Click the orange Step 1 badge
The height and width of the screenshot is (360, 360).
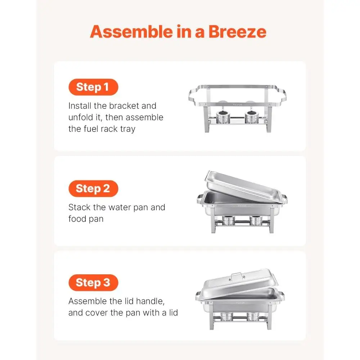point(93,87)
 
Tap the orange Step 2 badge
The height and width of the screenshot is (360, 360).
point(93,189)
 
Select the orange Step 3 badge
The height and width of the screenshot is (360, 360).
point(93,283)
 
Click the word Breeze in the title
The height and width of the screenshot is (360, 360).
point(237,32)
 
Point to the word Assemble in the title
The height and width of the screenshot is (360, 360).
point(131,32)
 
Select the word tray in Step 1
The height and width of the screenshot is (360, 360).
point(128,129)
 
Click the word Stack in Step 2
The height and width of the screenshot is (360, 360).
point(79,207)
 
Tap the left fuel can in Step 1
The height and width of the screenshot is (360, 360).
point(223,117)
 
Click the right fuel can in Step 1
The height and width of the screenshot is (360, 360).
point(252,117)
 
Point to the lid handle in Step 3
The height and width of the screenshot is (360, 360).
point(237,276)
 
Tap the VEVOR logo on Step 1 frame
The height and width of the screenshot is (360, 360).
point(237,105)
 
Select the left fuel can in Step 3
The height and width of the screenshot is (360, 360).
point(226,316)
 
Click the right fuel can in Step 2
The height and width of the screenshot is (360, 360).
point(255,220)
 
